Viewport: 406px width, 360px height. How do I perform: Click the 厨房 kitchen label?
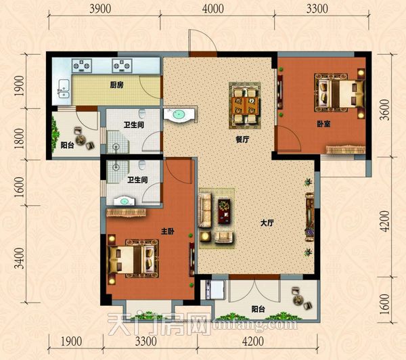(x=117, y=85)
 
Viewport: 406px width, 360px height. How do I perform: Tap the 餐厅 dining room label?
(x=242, y=139)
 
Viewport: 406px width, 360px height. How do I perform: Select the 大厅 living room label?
(x=267, y=223)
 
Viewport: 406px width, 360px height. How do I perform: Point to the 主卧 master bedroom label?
(x=168, y=231)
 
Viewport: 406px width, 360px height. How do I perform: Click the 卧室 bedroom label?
(x=323, y=124)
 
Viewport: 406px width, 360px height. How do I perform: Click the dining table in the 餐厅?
(x=245, y=106)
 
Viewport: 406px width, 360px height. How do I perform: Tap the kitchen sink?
(x=64, y=89)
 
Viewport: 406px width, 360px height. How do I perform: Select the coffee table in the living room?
(x=224, y=211)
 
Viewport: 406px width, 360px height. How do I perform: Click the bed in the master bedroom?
(x=132, y=258)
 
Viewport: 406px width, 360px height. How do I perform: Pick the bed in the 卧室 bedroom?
(x=340, y=93)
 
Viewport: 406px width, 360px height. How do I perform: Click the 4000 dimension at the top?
(x=213, y=9)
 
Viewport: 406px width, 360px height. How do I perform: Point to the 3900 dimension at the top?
(x=100, y=9)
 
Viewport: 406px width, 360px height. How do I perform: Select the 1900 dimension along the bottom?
(x=72, y=341)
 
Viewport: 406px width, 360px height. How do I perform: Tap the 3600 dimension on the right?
(x=385, y=110)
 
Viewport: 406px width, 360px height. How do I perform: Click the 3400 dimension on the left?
(x=19, y=258)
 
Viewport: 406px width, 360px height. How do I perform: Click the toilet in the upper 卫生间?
(x=142, y=114)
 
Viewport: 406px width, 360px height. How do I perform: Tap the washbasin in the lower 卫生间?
(x=125, y=201)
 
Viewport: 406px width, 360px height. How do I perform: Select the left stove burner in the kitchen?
(x=82, y=66)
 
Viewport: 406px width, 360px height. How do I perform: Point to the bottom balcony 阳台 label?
(x=258, y=309)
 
